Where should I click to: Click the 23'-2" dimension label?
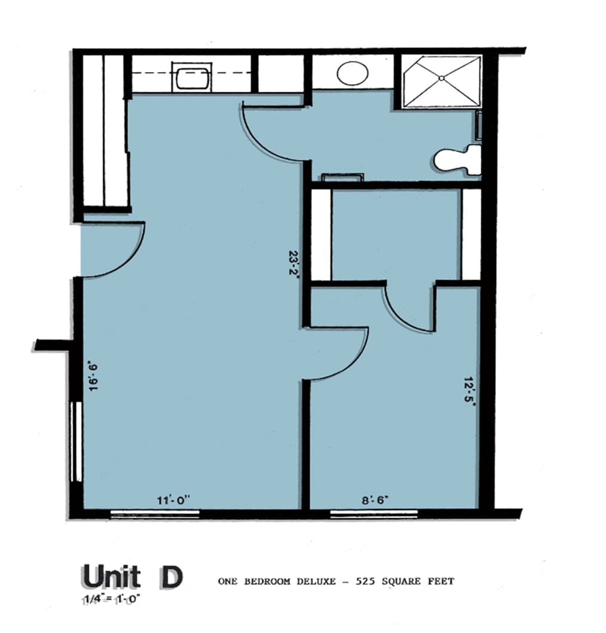tap(294, 262)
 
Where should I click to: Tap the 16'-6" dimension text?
tap(94, 377)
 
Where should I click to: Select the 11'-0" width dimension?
tap(174, 501)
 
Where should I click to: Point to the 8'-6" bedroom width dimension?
tap(375, 501)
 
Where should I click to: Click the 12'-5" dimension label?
tap(469, 390)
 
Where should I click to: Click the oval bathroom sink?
tap(353, 73)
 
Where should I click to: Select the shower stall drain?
tap(441, 78)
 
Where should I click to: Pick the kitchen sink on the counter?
tap(192, 76)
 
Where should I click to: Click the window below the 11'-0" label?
tap(155, 514)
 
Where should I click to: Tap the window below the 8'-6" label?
tap(374, 514)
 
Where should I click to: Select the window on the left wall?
tap(76, 442)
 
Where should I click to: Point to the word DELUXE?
tap(316, 582)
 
